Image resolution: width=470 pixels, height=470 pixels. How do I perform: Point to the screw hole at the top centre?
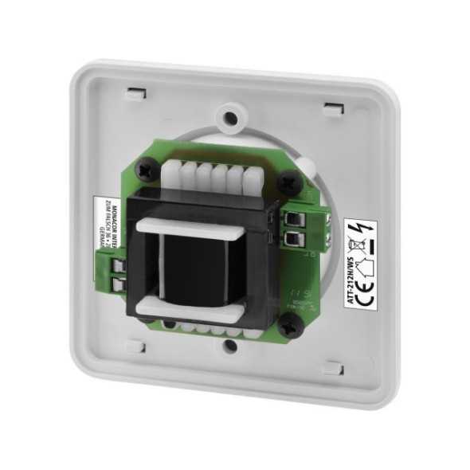229,117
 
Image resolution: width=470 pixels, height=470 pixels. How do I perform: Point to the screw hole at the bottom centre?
229,347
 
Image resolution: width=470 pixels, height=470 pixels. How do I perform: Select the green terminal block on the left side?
115,268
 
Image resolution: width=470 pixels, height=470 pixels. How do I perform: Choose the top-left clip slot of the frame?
136,93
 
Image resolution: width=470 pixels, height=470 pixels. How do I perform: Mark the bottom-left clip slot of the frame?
135,347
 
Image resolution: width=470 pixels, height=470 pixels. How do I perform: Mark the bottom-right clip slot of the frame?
332,369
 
